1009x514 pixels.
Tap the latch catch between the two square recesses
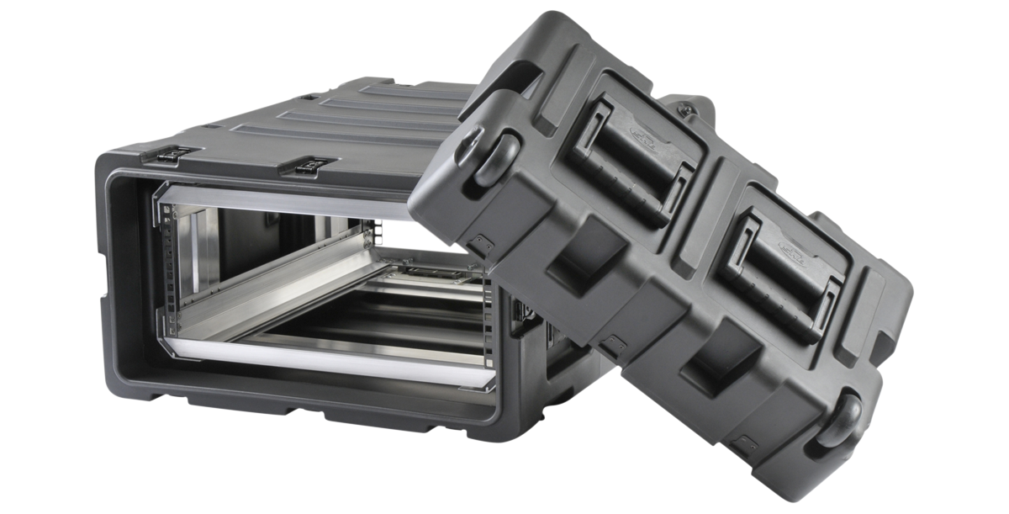[615, 344]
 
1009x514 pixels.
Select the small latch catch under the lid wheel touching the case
[480, 245]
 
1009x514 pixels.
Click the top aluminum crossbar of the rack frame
[277, 200]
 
